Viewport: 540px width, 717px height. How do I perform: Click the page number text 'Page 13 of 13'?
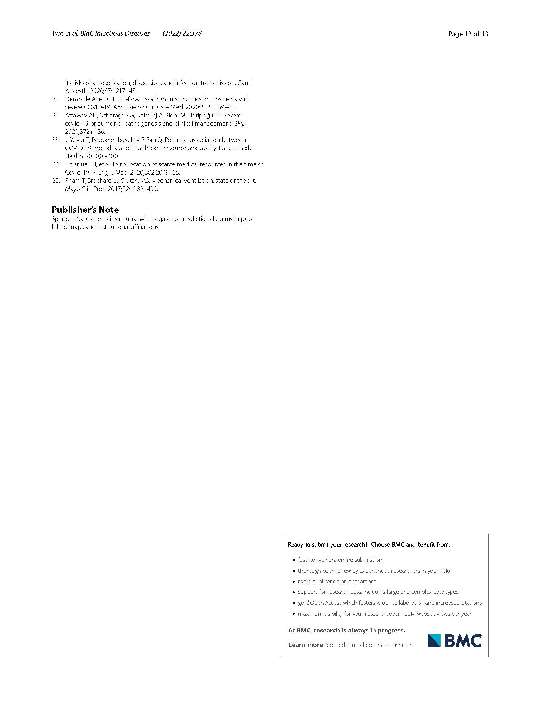coord(468,34)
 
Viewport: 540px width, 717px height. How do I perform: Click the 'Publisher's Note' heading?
coord(85,210)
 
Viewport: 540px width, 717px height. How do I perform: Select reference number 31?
coord(56,99)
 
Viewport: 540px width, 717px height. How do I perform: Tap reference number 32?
coord(56,115)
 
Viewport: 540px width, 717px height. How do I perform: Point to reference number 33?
coord(56,140)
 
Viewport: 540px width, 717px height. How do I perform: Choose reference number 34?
coord(56,164)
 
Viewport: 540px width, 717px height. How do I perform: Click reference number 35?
coord(56,180)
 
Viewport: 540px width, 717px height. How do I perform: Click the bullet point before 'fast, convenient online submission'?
coord(294,560)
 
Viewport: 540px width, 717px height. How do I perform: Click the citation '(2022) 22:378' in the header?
coord(182,33)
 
